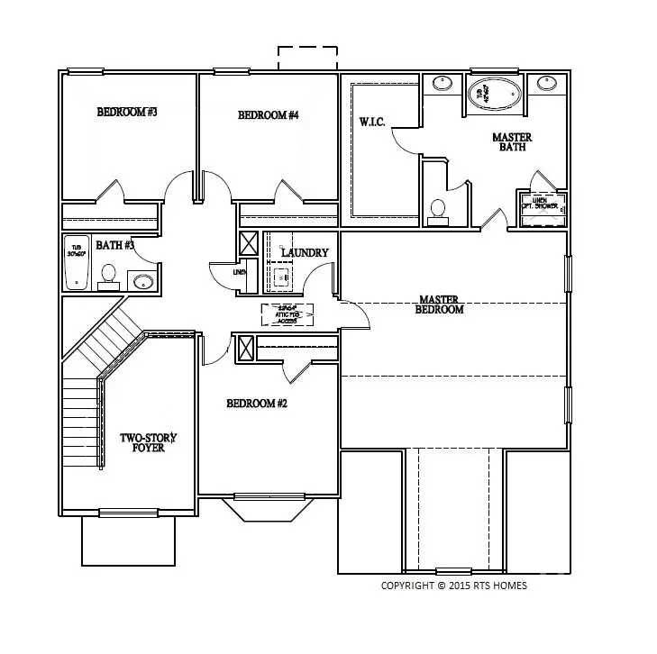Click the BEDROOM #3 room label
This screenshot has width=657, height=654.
(x=127, y=113)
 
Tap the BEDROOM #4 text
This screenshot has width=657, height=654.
(x=268, y=115)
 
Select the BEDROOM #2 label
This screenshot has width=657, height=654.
(x=256, y=404)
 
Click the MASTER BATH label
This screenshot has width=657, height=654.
(x=511, y=142)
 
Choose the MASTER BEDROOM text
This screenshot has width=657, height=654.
(x=439, y=304)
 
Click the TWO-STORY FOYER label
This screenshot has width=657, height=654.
(x=149, y=442)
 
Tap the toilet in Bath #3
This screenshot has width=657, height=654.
(x=109, y=275)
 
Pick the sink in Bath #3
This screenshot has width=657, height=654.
(x=142, y=281)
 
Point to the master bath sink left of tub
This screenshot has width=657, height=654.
(x=442, y=85)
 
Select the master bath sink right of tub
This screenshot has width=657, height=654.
(x=545, y=85)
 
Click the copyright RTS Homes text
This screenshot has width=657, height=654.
(x=454, y=586)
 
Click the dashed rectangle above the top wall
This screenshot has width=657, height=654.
(x=307, y=59)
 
